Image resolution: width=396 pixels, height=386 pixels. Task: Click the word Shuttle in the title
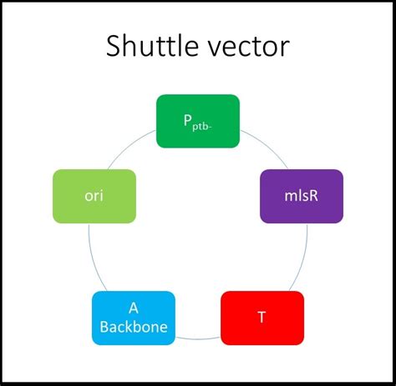[154, 47]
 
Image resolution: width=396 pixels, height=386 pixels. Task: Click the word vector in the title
[248, 47]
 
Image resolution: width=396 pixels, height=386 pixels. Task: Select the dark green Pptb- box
[197, 122]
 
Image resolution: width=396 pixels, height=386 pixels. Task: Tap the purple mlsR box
[289, 196]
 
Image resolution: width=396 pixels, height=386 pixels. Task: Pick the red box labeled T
[261, 318]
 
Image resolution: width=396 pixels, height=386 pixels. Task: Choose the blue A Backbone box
[133, 318]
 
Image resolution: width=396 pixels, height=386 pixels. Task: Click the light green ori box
[94, 196]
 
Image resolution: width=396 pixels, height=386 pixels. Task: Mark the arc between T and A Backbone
[197, 338]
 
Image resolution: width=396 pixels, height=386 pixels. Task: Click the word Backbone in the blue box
[133, 328]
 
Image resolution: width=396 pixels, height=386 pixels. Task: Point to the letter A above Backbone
[133, 308]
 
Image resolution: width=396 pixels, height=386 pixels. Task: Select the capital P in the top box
[189, 119]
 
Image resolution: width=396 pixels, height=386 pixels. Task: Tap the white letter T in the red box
[261, 318]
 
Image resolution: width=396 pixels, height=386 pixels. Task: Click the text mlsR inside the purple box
[289, 196]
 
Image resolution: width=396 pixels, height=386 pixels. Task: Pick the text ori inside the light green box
[94, 196]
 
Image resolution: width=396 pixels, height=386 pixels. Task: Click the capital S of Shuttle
[116, 47]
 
